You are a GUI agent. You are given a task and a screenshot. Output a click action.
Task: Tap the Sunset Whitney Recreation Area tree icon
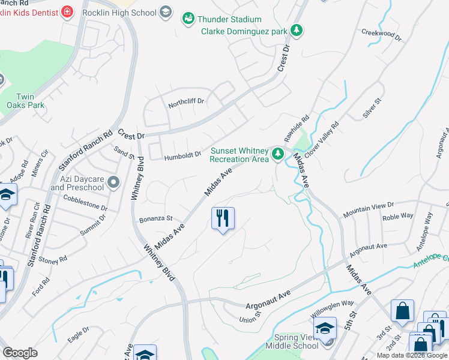coord(277,154)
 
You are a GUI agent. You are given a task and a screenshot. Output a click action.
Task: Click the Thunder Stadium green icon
coord(188,19)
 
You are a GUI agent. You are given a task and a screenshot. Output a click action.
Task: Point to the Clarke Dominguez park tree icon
coord(295,30)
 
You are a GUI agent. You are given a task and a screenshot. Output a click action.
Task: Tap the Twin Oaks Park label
coord(30,101)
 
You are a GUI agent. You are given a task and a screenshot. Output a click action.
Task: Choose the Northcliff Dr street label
coord(186,101)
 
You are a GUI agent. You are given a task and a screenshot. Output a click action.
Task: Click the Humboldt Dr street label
coord(182,157)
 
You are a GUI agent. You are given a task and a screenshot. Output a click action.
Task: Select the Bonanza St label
coord(156,218)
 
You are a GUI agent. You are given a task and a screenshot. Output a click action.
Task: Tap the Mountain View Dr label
coord(368,210)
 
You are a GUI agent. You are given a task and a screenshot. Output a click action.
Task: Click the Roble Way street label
coord(398,216)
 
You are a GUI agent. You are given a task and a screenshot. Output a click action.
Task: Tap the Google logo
coord(20,353)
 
